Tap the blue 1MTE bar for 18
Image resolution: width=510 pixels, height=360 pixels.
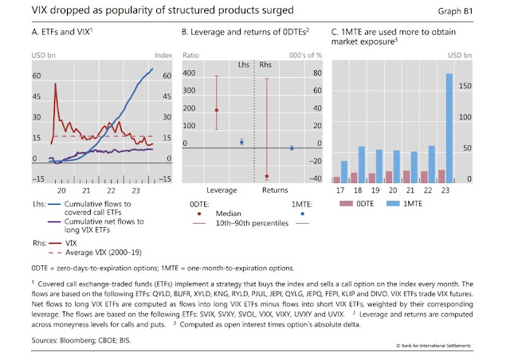coord(361,164)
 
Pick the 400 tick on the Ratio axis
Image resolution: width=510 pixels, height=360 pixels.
coord(190,72)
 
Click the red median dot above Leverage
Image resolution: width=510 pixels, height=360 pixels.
coord(217,110)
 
